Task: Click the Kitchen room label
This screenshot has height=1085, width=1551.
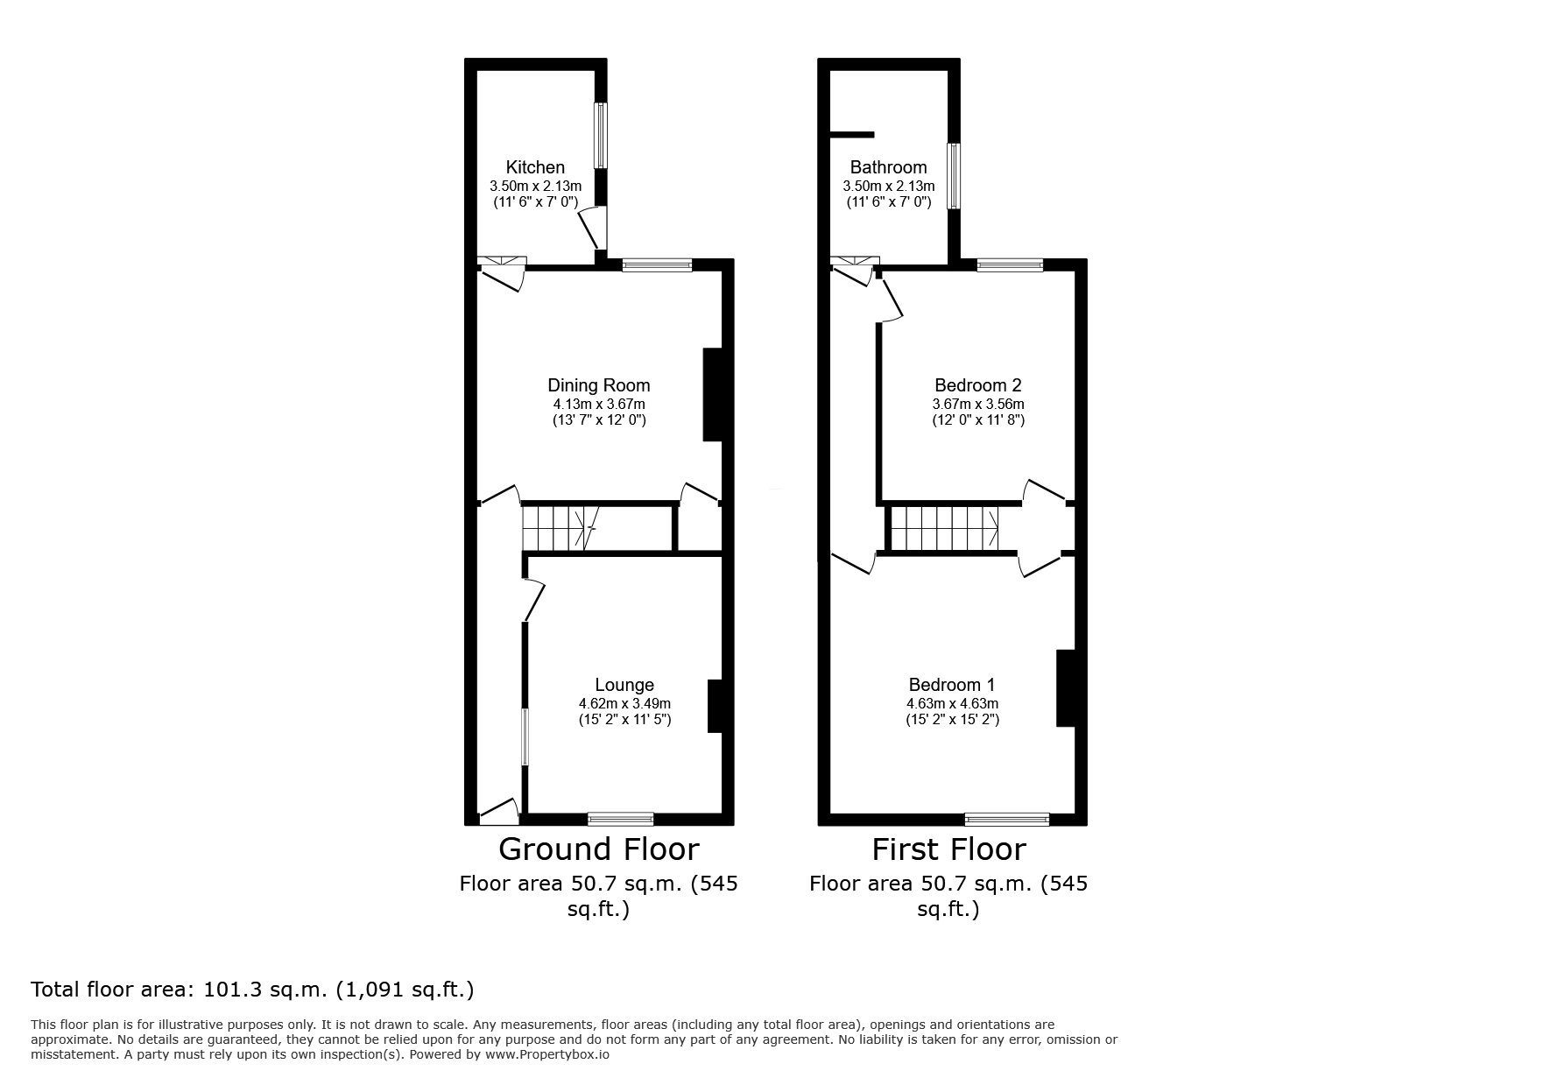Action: click(x=535, y=167)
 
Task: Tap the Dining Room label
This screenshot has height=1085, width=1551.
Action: click(x=599, y=385)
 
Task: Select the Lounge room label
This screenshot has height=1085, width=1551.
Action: click(x=624, y=685)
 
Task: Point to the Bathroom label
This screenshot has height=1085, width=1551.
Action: click(x=888, y=167)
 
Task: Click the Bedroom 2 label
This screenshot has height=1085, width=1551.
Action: click(x=978, y=385)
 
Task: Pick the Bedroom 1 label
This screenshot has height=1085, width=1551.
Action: click(x=952, y=685)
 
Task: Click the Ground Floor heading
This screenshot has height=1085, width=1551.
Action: click(x=599, y=849)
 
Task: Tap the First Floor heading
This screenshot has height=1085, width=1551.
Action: click(x=948, y=849)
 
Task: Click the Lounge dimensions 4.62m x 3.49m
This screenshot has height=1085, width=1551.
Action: click(x=624, y=703)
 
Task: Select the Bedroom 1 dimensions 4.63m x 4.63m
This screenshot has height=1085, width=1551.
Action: click(x=952, y=703)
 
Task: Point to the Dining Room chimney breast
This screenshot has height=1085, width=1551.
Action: click(x=713, y=395)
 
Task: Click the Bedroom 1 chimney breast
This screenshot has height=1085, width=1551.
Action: click(x=1066, y=687)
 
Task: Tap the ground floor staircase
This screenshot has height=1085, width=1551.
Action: click(x=559, y=528)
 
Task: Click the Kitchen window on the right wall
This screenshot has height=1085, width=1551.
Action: click(x=601, y=135)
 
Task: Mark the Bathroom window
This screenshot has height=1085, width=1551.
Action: click(x=954, y=176)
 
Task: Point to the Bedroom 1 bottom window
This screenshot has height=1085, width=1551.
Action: click(x=1007, y=820)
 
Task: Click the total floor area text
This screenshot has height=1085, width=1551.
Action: click(x=252, y=990)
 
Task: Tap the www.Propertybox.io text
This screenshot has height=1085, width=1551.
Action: click(x=546, y=1054)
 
